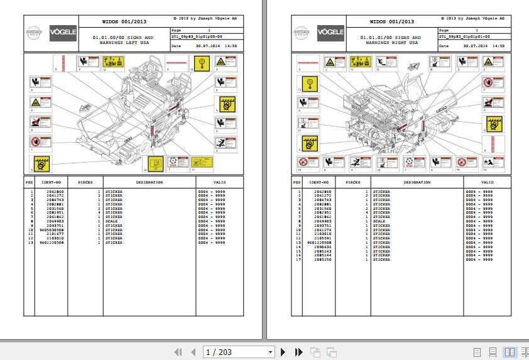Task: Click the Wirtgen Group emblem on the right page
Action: [303, 31]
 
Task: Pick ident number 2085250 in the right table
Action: [319, 259]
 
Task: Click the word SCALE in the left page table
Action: [114, 221]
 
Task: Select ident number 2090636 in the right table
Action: [319, 247]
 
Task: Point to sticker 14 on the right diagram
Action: [489, 163]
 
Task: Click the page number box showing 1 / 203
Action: [239, 352]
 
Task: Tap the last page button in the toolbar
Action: [298, 352]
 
